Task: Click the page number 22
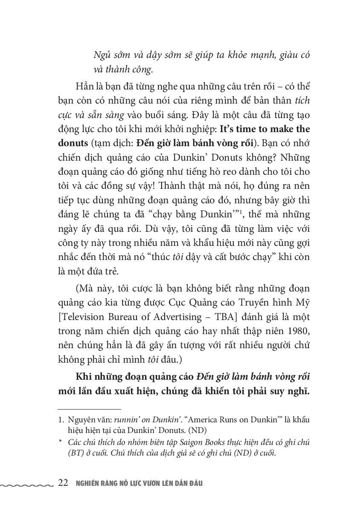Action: (x=63, y=483)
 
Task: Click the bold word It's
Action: (x=228, y=129)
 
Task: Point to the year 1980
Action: (x=299, y=331)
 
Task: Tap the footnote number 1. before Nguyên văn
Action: (x=61, y=420)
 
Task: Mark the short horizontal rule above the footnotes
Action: (x=84, y=409)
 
